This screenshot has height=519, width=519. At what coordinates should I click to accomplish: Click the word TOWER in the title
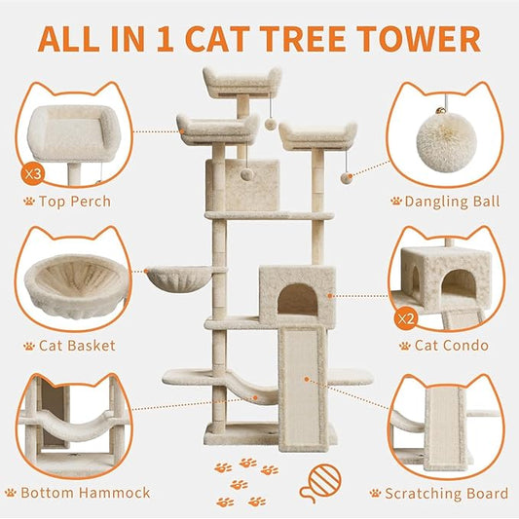pos(421,39)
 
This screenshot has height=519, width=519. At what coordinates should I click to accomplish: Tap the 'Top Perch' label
pos(76,202)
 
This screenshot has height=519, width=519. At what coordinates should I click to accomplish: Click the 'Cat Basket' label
pos(76,346)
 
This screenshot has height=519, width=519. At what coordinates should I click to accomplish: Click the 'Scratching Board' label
pos(445,493)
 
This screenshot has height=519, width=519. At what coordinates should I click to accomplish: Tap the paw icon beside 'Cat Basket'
pos(29,346)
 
